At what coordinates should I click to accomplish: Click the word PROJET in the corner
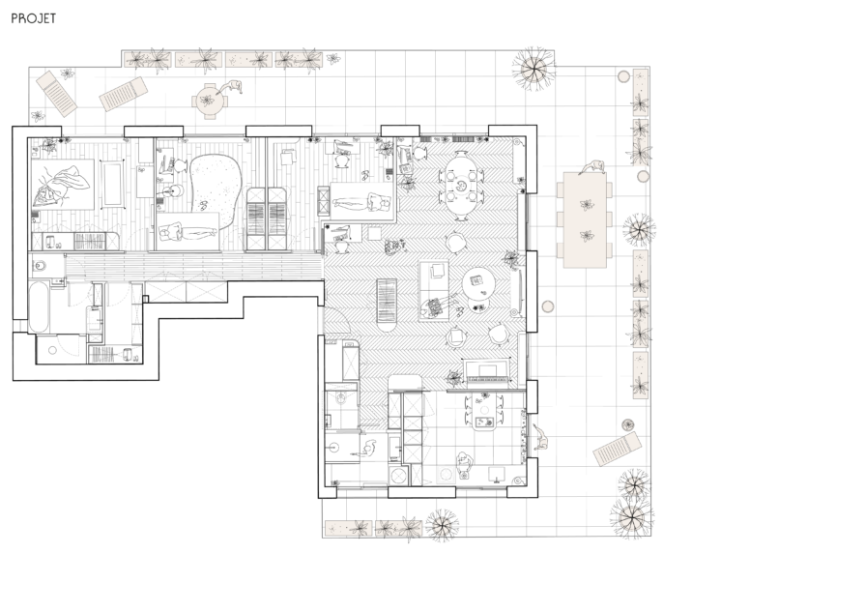coord(34,18)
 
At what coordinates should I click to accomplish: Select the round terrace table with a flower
coord(209,100)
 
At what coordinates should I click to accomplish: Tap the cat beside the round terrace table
coord(232,87)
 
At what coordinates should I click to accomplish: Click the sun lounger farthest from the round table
coord(56,93)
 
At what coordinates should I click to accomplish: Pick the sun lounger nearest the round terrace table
coord(123,94)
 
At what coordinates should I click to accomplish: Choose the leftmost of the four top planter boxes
coord(148,60)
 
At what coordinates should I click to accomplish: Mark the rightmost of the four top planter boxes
coord(298,60)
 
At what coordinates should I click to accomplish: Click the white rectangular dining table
coord(585,219)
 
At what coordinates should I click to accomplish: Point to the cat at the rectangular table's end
coord(595,167)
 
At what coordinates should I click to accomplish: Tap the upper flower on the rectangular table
coord(586,205)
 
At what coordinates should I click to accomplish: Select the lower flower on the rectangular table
coord(586,235)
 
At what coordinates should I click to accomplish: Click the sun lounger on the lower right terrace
coord(617,449)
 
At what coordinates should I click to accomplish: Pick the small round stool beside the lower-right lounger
coord(628,424)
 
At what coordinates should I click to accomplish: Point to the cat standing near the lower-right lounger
coord(540,439)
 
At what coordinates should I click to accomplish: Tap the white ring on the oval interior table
coord(461,184)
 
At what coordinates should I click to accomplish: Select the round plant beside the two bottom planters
coord(442,526)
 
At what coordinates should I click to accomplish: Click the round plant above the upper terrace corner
coord(533,70)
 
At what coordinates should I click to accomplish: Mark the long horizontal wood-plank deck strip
coord(193,266)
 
